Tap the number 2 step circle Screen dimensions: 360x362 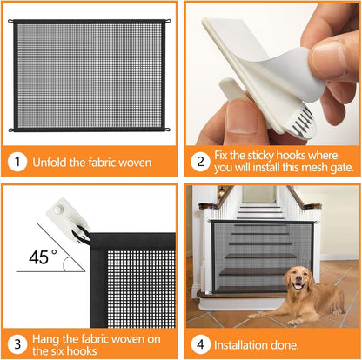pyautogui.click(x=201, y=161)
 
